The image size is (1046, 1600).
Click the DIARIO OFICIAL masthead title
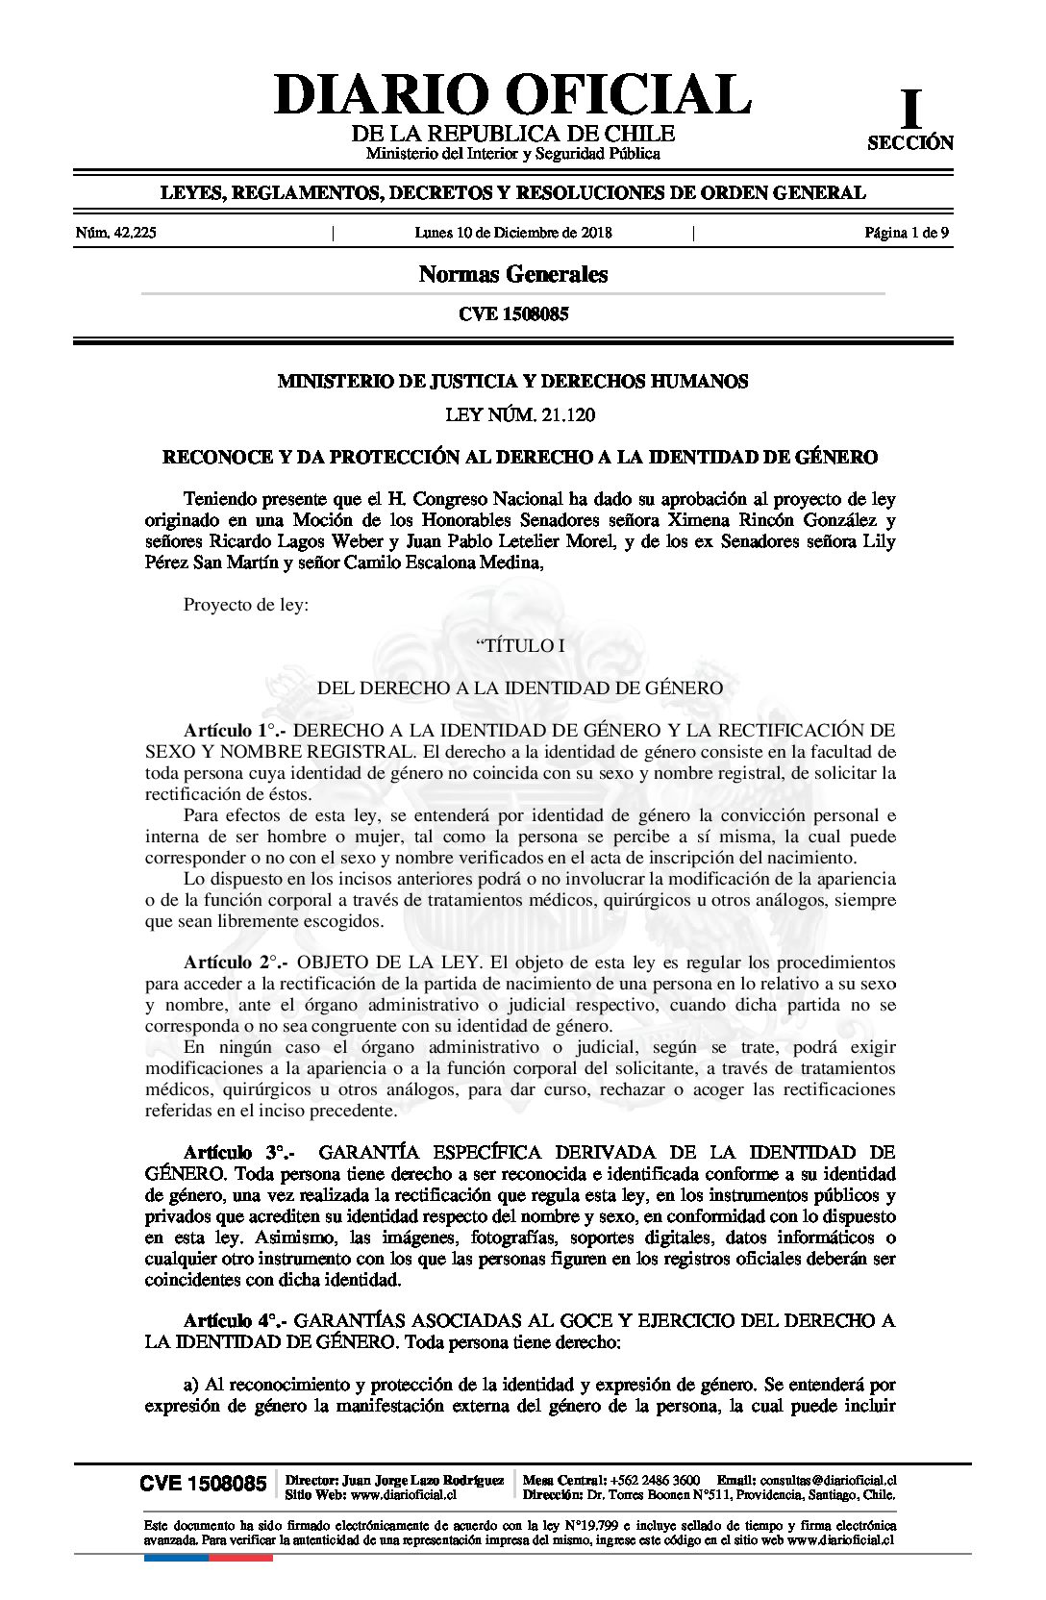pos(512,94)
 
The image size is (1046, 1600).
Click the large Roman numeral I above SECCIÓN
pos(909,110)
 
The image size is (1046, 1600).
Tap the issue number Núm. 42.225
pos(115,233)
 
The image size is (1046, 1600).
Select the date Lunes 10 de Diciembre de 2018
pos(513,233)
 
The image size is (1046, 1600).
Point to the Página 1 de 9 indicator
pos(907,233)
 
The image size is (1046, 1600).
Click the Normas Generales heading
pos(513,275)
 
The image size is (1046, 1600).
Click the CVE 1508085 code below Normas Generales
pos(513,314)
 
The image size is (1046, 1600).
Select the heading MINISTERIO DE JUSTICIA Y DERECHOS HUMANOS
pos(512,382)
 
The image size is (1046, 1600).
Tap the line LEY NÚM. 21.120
pos(520,415)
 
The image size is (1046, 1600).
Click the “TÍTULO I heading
pos(520,646)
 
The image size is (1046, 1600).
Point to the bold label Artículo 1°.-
pos(236,730)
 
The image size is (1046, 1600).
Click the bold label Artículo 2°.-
pos(236,962)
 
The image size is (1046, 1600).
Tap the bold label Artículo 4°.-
pos(236,1321)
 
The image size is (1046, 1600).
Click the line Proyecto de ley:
pos(246,606)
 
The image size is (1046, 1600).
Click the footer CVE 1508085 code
pos(203,1484)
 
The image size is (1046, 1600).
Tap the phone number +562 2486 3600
pos(655,1480)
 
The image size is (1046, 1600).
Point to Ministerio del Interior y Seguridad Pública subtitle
pos(513,154)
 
